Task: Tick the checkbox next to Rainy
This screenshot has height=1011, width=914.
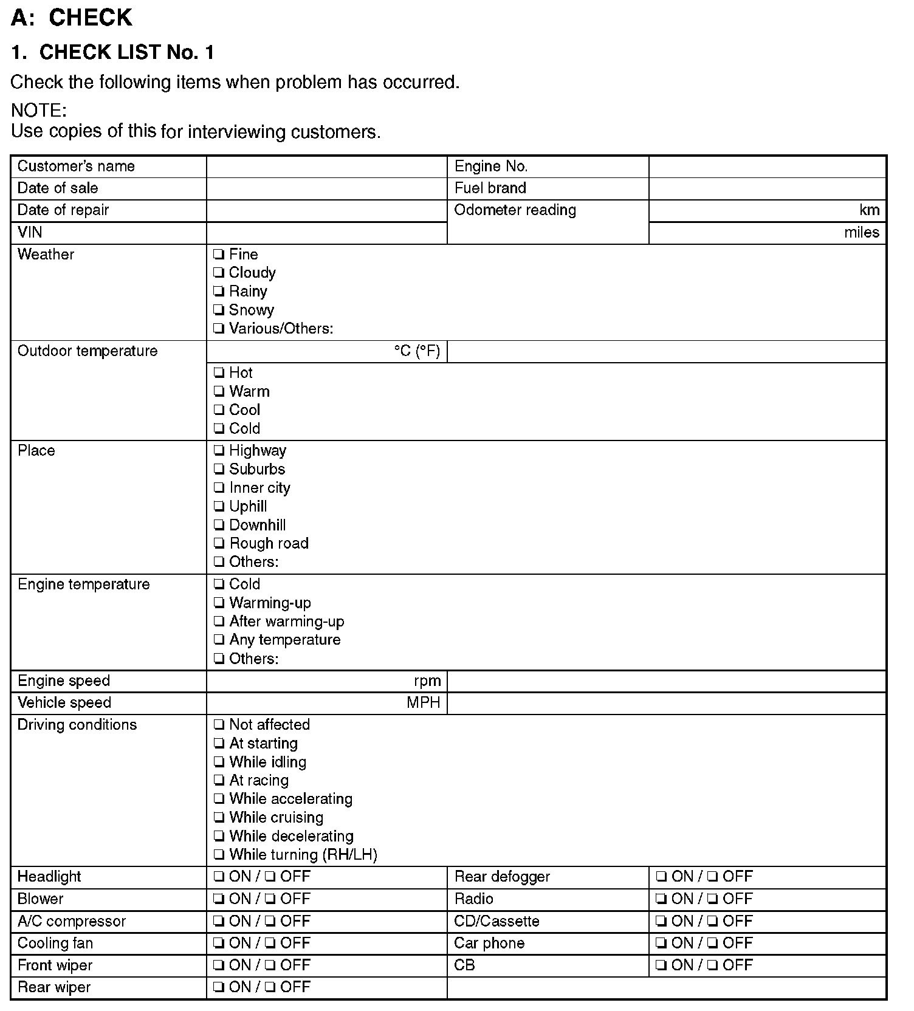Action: point(219,292)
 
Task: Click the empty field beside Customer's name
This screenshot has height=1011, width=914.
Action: point(326,166)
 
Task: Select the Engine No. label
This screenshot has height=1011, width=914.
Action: point(491,166)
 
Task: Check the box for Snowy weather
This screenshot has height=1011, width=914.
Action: point(219,310)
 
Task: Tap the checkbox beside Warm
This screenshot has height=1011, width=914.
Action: point(219,392)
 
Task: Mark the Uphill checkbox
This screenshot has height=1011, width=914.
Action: point(219,507)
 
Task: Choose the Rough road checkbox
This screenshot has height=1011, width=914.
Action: point(219,544)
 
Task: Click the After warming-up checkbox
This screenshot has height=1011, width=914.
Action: point(219,622)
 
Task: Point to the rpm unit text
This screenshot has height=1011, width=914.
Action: point(427,681)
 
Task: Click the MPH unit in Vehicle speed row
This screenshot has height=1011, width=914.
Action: point(424,703)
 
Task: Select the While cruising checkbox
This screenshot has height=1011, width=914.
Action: point(219,818)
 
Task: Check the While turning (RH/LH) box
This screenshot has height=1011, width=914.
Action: point(219,855)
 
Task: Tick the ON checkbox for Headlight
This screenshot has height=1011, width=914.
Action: point(219,877)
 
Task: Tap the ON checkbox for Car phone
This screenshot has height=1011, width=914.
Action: point(661,944)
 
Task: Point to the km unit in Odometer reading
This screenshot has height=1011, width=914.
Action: point(869,210)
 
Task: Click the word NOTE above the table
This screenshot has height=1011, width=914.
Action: point(38,111)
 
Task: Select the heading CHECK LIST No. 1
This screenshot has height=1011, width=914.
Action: point(112,53)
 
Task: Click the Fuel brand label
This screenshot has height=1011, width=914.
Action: point(490,188)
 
